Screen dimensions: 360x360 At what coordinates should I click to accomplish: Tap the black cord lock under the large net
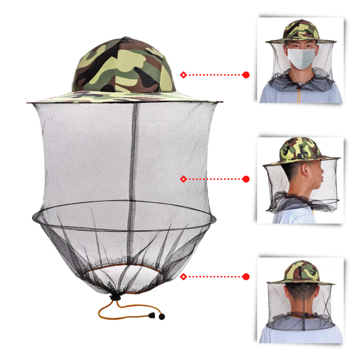point(115,298)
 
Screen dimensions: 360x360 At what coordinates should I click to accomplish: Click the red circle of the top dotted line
point(246,75)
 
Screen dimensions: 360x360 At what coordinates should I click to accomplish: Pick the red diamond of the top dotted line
point(183,75)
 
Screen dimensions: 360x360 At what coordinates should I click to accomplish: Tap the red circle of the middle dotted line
point(246,179)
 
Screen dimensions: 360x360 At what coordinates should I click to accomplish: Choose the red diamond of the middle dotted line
point(183,179)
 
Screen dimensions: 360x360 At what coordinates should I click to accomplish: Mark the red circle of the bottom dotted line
point(246,277)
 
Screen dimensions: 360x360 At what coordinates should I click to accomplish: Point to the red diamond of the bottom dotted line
point(183,277)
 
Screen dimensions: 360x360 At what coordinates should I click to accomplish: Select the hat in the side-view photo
point(301,151)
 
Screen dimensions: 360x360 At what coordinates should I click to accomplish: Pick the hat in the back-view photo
point(301,272)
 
